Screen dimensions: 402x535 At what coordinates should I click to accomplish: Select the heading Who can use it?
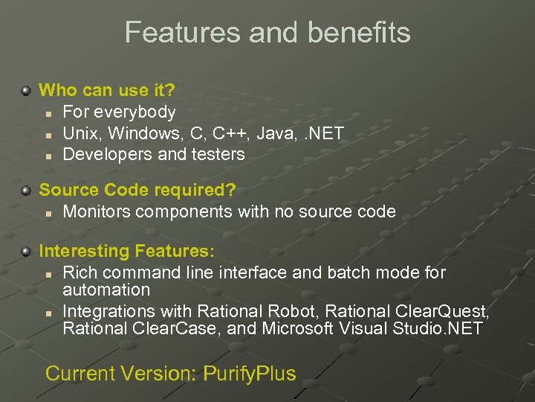pos(107,91)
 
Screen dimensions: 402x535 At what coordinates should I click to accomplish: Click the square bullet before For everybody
pos(46,113)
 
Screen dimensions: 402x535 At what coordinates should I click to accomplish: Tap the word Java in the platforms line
pos(274,133)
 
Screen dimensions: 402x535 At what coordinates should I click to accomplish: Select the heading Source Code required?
pos(137,191)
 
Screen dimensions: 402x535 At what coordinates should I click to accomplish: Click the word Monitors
pos(98,212)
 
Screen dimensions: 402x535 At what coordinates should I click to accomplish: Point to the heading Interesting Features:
pos(126,251)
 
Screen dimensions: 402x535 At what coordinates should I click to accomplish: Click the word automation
pos(106,290)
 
